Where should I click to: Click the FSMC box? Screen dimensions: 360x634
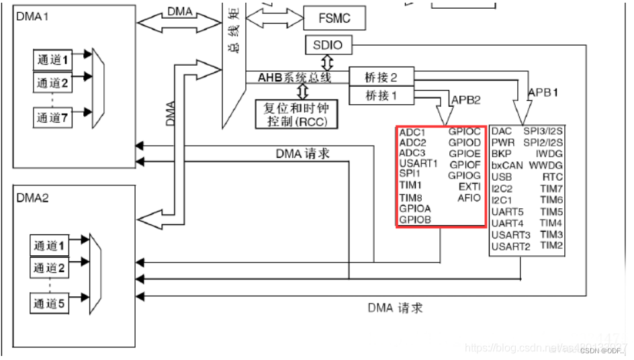(334, 18)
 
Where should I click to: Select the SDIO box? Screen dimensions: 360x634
(328, 46)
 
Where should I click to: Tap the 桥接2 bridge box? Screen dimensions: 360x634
(381, 77)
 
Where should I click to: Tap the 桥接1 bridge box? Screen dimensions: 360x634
(381, 96)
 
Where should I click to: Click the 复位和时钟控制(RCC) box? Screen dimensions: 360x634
(296, 114)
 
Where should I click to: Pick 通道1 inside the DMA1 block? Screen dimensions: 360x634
(52, 59)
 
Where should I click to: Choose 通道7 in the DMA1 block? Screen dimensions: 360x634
(52, 118)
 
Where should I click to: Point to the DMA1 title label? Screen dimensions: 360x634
(33, 13)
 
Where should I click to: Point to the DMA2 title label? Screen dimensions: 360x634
(33, 199)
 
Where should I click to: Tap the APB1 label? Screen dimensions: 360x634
(543, 92)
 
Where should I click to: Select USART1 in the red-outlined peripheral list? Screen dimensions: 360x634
(418, 163)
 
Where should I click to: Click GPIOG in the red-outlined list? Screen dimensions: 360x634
(465, 175)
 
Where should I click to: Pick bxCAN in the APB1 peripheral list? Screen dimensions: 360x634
(507, 165)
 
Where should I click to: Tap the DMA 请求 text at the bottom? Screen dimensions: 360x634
(396, 308)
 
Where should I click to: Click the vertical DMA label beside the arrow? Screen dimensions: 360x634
(171, 114)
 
